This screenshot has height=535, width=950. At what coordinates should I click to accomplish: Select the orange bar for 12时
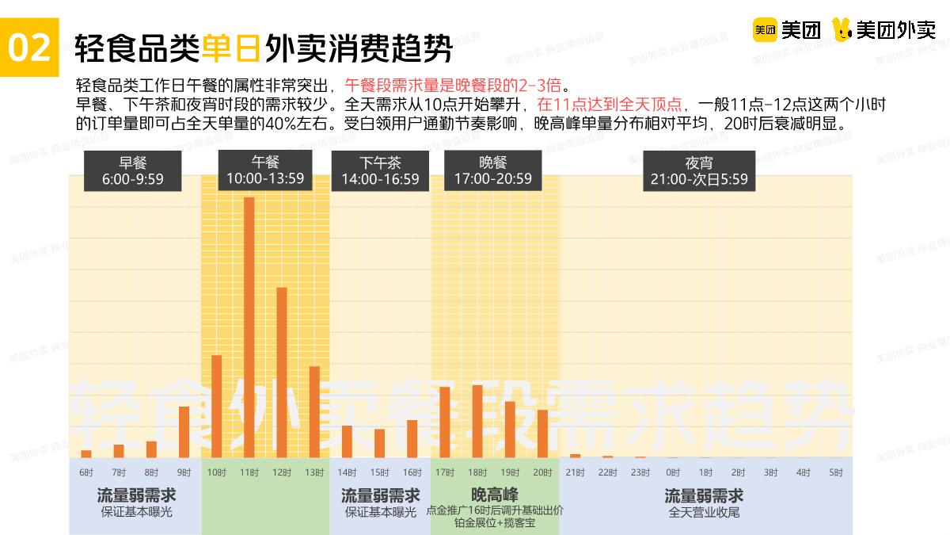(x=281, y=372)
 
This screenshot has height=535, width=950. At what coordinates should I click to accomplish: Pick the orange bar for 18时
(x=477, y=421)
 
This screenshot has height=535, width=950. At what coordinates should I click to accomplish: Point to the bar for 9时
(x=184, y=431)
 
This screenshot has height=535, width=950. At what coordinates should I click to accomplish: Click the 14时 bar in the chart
(x=347, y=441)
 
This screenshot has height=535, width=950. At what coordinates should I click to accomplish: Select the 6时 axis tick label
(x=85, y=472)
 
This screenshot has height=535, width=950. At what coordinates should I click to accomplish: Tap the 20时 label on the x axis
(x=542, y=472)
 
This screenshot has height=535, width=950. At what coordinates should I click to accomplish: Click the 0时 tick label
(x=673, y=472)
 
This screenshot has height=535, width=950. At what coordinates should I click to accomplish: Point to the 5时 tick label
(x=836, y=472)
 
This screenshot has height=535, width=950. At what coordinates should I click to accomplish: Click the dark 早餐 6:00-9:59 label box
(x=133, y=170)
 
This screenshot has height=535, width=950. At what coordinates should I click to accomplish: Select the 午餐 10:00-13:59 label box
(x=265, y=170)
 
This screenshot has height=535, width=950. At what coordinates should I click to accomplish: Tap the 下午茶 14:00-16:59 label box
(x=380, y=170)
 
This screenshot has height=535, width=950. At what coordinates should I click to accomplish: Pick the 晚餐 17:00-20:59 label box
(x=492, y=170)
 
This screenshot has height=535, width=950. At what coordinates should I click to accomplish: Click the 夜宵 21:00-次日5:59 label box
(x=699, y=171)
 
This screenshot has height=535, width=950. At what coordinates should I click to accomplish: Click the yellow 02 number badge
(x=29, y=48)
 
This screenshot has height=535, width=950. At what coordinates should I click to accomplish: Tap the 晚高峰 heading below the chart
(x=494, y=495)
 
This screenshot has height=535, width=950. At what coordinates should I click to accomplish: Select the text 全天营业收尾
(x=704, y=512)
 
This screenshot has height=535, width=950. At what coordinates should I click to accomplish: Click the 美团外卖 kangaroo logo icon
(x=842, y=30)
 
